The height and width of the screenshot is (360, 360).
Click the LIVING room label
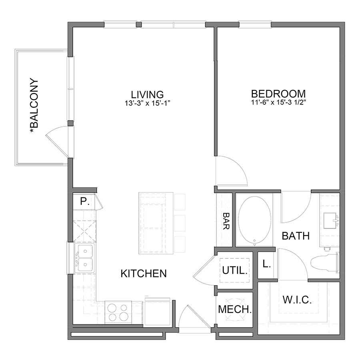click(x=147, y=94)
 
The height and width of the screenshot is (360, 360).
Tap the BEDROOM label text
click(x=278, y=94)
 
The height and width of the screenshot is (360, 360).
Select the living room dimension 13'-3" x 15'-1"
click(x=147, y=103)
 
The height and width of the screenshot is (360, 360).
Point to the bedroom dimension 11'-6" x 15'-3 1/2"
click(x=278, y=102)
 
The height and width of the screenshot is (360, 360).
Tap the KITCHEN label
click(x=143, y=274)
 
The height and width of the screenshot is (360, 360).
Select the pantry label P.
click(x=84, y=202)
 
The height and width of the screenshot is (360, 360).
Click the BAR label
click(x=226, y=221)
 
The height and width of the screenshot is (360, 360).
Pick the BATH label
click(x=296, y=236)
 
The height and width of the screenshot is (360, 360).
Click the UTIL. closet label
click(x=235, y=270)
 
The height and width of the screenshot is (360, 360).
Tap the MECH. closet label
click(x=235, y=309)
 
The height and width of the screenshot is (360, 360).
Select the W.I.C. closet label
click(x=297, y=300)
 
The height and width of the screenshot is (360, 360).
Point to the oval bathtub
click(x=254, y=220)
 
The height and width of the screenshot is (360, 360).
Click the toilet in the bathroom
click(x=324, y=262)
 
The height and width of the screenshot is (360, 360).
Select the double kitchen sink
click(x=85, y=258)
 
